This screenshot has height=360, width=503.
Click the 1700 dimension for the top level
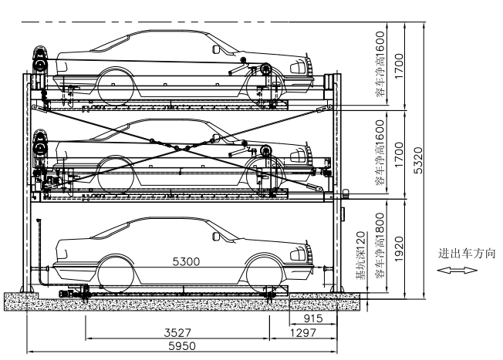point(399,64)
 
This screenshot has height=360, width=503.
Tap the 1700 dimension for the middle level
point(399,153)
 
